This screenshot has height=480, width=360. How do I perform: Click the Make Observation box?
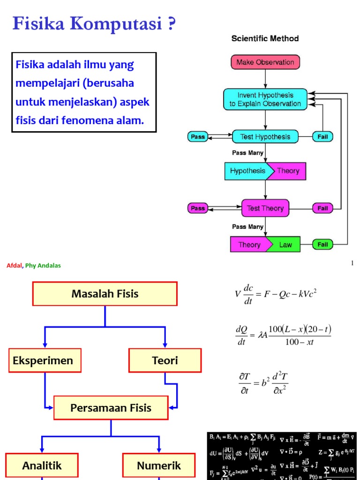click(x=265, y=62)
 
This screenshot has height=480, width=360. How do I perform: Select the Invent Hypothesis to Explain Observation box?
click(x=265, y=99)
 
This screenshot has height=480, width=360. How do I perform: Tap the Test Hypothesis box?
click(x=265, y=137)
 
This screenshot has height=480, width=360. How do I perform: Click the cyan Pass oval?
click(x=198, y=137)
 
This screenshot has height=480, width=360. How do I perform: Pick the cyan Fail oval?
click(x=323, y=137)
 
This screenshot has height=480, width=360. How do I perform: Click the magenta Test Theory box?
click(x=265, y=208)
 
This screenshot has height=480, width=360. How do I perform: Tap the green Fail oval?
click(x=323, y=244)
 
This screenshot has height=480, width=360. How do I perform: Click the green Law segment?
click(x=285, y=245)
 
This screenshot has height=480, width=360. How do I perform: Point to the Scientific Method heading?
click(x=265, y=38)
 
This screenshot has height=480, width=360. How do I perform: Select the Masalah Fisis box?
click(x=105, y=294)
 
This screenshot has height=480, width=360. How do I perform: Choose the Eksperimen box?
click(x=43, y=360)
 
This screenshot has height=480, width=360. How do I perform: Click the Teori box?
click(x=165, y=360)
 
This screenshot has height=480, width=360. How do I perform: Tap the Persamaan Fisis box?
click(x=111, y=408)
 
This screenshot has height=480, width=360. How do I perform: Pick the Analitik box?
click(x=42, y=465)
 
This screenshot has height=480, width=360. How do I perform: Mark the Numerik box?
click(x=159, y=465)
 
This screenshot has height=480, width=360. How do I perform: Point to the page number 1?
click(x=352, y=263)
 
